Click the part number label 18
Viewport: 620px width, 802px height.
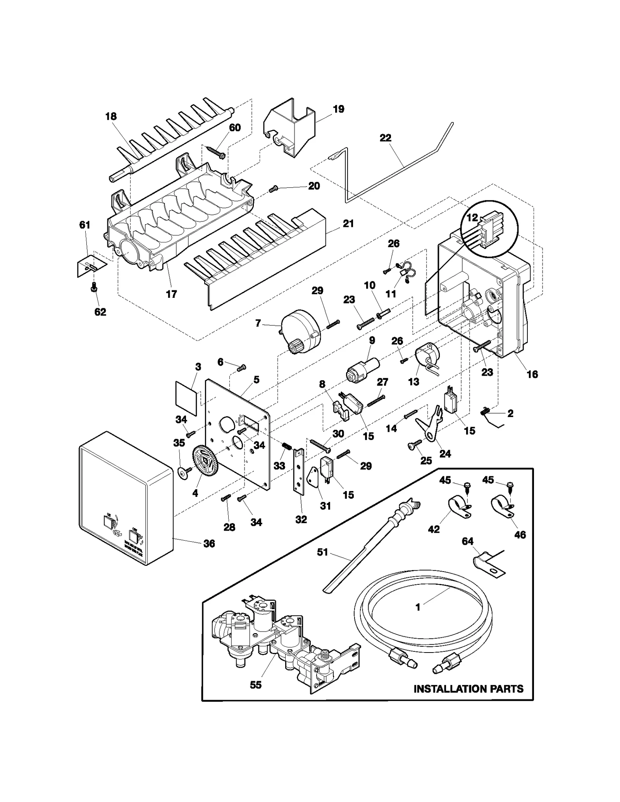111,116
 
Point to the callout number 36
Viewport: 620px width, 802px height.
209,544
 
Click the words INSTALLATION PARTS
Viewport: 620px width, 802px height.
468,689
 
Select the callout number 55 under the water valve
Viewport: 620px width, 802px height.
255,685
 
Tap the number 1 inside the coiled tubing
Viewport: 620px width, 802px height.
418,618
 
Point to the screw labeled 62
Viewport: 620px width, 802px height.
93,289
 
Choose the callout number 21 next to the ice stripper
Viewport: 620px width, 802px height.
348,223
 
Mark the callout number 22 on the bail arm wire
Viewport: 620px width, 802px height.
385,138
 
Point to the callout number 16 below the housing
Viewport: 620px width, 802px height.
532,374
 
